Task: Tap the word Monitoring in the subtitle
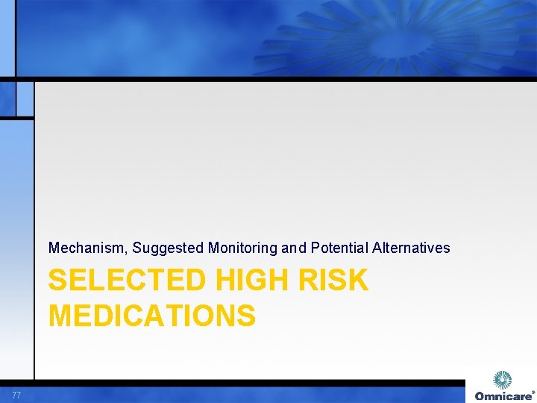click(x=240, y=248)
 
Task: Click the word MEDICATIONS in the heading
click(x=152, y=316)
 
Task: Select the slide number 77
click(x=16, y=395)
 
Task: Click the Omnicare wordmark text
click(x=503, y=396)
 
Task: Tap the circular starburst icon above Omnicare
click(x=503, y=380)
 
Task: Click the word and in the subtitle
click(x=289, y=248)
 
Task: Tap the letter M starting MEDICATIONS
click(x=61, y=316)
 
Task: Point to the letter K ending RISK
click(x=358, y=281)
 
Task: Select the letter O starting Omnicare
click(x=480, y=396)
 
